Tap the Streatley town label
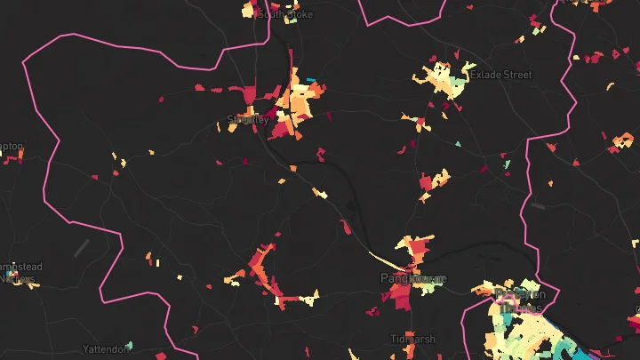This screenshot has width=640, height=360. pyautogui.click(x=248, y=119)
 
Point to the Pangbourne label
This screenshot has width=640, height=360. pyautogui.click(x=412, y=279)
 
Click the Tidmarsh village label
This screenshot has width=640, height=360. pyautogui.click(x=412, y=340)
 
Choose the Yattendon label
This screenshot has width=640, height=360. pyautogui.click(x=106, y=349)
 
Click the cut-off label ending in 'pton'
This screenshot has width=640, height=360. pyautogui.click(x=11, y=147)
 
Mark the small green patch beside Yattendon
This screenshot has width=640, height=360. pyautogui.click(x=130, y=344)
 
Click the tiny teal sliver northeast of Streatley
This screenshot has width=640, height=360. pyautogui.click(x=310, y=81)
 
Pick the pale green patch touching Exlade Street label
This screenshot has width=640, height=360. pyautogui.click(x=458, y=86)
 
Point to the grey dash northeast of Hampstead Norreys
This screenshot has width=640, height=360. pyautogui.click(x=82, y=247)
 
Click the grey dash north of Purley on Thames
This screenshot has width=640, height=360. pyautogui.click(x=537, y=206)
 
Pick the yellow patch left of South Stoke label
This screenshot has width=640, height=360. pyautogui.click(x=248, y=11)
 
